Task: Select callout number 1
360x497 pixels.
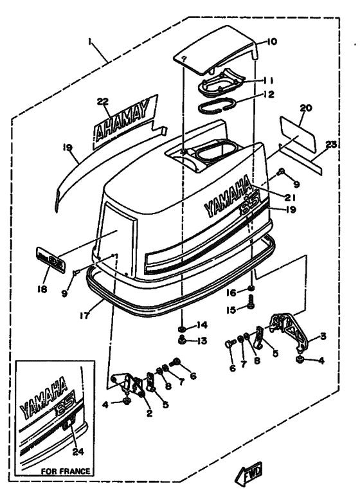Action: click(x=92, y=46)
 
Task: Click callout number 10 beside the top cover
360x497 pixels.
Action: click(x=271, y=42)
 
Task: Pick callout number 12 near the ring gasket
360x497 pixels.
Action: click(x=269, y=96)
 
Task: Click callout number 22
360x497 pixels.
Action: click(x=103, y=101)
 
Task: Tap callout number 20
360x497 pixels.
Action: click(x=305, y=109)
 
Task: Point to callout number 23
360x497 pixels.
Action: click(x=330, y=145)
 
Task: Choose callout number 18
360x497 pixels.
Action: click(x=42, y=289)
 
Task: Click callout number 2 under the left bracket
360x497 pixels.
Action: click(x=149, y=413)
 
